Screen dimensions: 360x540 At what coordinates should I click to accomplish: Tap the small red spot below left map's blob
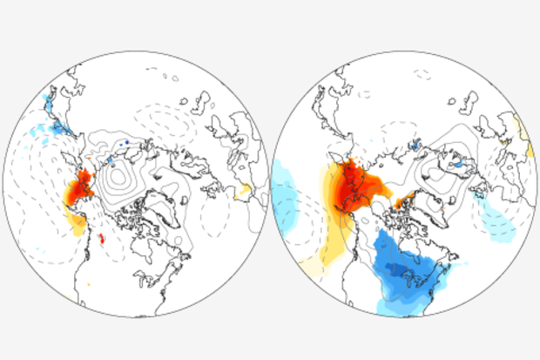point(102,238)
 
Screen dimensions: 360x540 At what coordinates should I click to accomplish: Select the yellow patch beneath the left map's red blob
point(77,225)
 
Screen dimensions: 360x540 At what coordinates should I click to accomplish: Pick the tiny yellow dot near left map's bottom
point(88,284)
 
